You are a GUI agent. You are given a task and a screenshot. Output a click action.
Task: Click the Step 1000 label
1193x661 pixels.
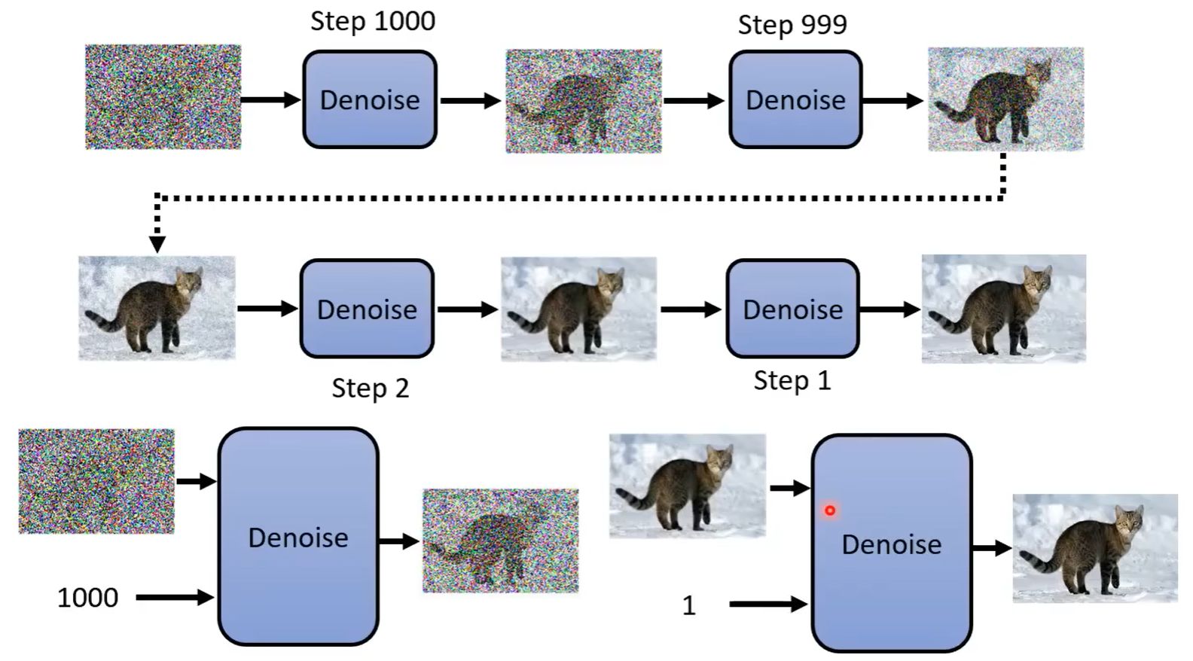373,21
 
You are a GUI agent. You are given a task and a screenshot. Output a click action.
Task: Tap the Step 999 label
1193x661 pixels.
792,25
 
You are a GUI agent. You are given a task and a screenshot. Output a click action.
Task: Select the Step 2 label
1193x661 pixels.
371,388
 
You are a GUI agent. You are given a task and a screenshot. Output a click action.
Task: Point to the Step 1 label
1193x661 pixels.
792,381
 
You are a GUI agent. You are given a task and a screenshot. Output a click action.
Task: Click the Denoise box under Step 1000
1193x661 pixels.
370,99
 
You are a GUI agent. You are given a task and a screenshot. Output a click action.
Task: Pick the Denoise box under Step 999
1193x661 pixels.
795,99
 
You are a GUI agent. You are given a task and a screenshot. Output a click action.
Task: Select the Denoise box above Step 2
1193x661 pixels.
367,309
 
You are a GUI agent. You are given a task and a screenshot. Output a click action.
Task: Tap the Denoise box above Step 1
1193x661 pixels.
792,309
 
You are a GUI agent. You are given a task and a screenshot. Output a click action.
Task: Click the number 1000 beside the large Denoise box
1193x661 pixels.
87,598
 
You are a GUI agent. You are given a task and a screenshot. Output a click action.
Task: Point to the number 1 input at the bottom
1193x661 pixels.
688,605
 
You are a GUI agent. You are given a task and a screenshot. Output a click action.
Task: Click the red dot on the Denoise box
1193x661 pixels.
830,510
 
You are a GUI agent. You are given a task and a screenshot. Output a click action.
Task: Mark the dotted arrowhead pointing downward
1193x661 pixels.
157,244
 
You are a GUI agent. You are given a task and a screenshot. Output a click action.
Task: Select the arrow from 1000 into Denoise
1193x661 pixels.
175,598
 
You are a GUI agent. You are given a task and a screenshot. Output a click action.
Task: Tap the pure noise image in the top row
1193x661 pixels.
163,96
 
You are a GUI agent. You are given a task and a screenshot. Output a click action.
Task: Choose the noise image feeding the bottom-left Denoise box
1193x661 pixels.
96,481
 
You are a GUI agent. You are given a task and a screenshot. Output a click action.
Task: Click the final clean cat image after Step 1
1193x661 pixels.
1003,309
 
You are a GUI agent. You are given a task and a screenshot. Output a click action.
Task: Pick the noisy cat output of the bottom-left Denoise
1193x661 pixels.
500,541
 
